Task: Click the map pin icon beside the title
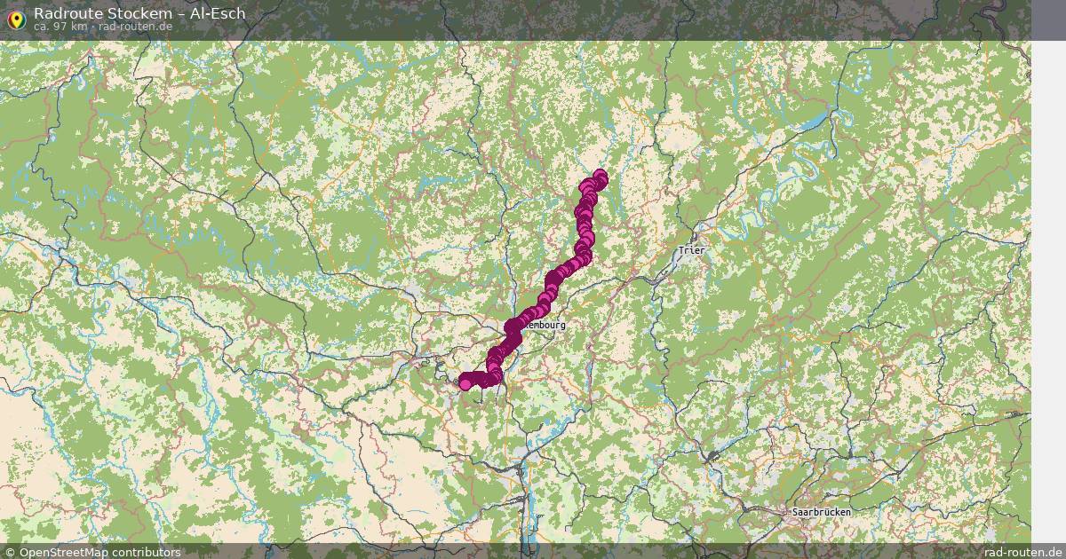[16, 19]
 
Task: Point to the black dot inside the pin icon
[16, 16]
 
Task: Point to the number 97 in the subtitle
[58, 27]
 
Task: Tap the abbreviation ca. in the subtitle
[41, 27]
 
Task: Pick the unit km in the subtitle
[77, 27]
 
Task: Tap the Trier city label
[691, 251]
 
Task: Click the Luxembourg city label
[544, 326]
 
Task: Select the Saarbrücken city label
[821, 512]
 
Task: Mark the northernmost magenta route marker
[601, 176]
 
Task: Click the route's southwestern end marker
[465, 382]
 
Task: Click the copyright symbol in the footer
[11, 552]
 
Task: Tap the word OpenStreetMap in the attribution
[65, 552]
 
